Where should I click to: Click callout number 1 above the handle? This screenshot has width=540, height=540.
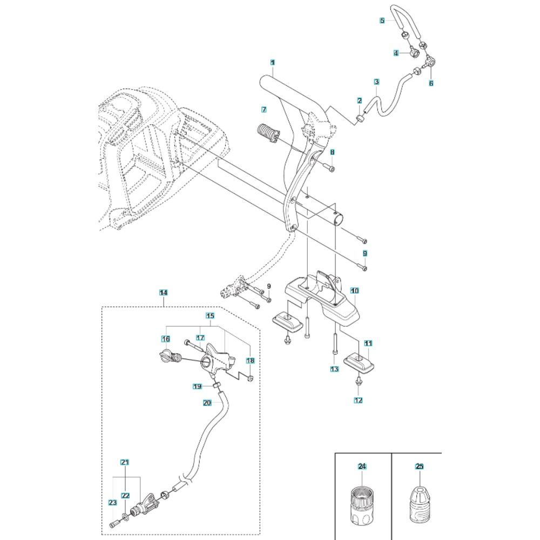(272, 62)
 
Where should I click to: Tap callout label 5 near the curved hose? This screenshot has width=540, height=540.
(382, 21)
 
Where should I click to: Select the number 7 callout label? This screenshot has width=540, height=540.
(264, 110)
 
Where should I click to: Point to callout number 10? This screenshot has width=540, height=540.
(355, 291)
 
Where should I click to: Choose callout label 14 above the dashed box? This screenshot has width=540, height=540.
(164, 293)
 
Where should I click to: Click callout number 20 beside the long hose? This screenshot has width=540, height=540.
(207, 403)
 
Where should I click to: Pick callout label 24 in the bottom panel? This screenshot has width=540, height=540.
(362, 467)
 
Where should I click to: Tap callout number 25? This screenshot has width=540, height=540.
(420, 467)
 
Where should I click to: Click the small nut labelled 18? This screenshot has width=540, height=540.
(251, 379)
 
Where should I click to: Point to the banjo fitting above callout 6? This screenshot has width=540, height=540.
(429, 62)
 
